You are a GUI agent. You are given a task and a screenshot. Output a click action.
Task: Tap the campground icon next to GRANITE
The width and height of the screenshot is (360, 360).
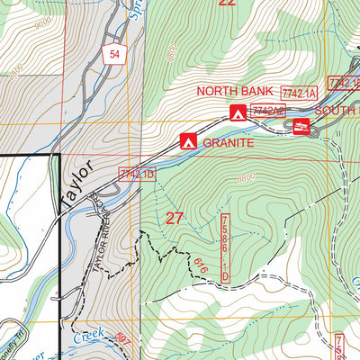[x=188, y=141]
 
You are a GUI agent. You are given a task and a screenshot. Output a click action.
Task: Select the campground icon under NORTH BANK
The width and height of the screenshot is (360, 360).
[x=238, y=112]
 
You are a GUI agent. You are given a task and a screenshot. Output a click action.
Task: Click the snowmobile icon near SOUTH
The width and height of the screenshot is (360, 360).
[x=301, y=128]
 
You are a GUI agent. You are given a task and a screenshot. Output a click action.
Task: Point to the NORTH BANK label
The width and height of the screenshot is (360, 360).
[x=236, y=91]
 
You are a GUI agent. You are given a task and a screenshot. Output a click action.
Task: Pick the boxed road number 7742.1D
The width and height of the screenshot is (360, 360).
[x=137, y=173]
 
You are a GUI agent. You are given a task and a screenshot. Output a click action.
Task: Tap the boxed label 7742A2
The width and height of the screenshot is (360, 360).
[x=267, y=111]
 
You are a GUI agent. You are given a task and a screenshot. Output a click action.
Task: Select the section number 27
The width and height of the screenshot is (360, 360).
[x=175, y=217]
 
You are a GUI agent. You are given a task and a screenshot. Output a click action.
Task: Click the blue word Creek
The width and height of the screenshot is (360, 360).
[x=88, y=337]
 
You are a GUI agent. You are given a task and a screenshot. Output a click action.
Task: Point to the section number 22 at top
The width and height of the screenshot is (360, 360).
[x=227, y=4]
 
